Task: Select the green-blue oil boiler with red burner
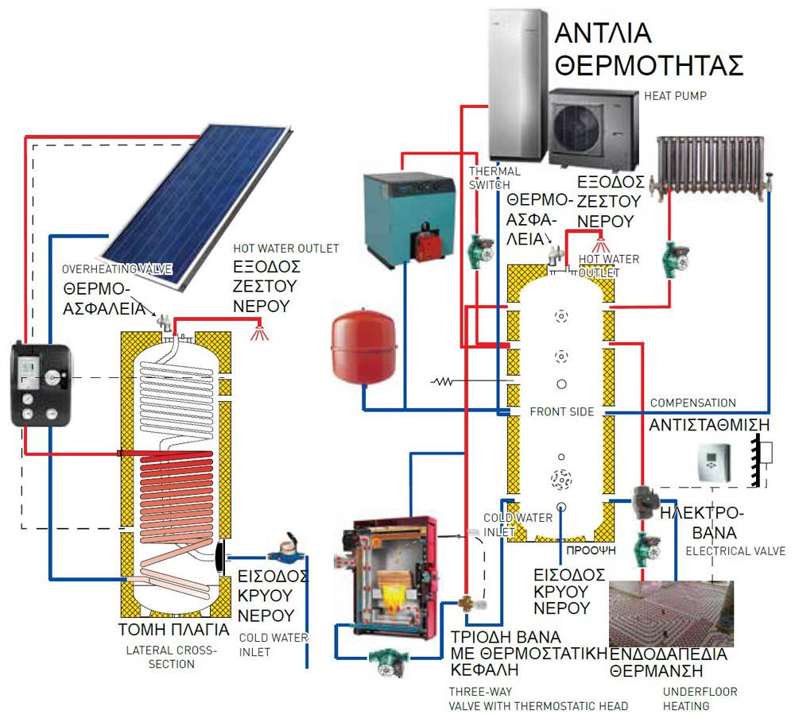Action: [403, 214]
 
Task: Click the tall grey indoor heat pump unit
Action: [517, 79]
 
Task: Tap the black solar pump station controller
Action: [39, 386]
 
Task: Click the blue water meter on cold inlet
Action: [280, 549]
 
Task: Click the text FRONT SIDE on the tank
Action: [560, 411]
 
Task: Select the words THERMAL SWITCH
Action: [494, 177]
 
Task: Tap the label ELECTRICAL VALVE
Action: [735, 550]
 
